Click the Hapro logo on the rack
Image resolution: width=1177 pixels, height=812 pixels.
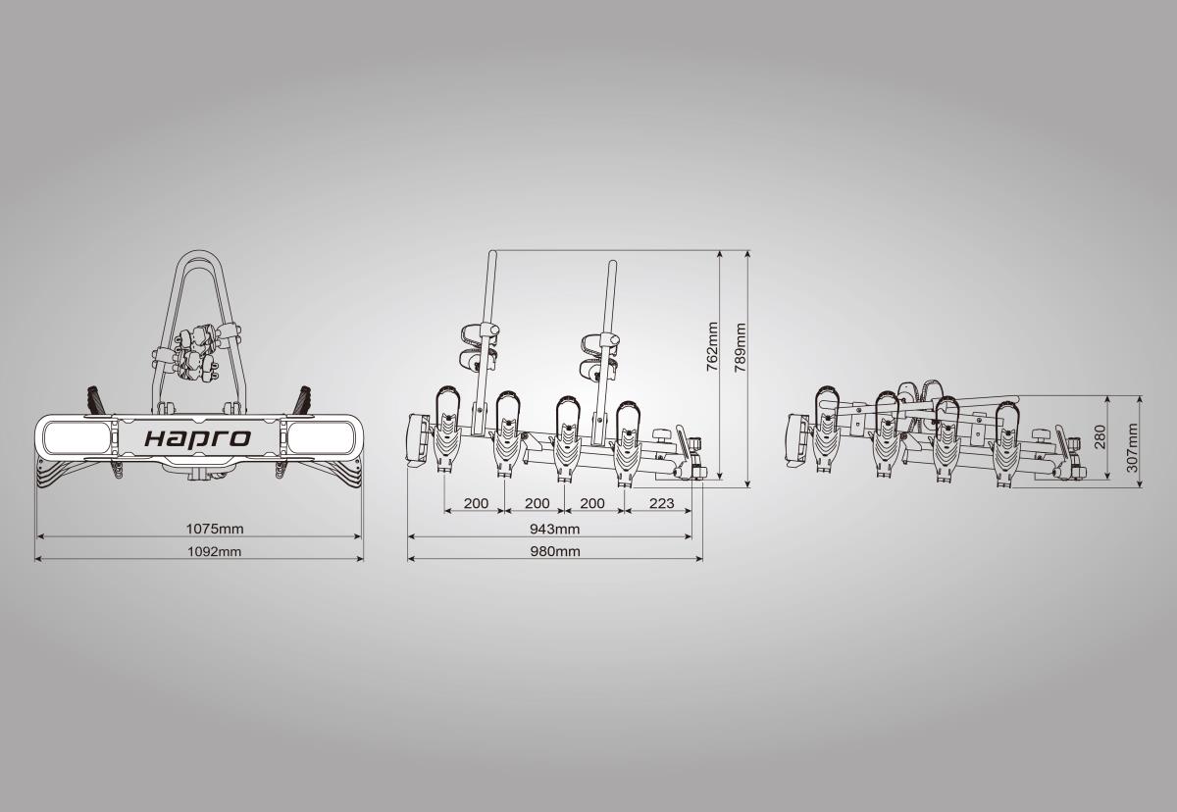pos(197,438)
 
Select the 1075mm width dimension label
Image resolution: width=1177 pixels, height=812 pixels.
pos(215,529)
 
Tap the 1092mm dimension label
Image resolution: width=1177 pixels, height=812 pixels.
pos(215,551)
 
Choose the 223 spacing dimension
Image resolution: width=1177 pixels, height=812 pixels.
pos(661,503)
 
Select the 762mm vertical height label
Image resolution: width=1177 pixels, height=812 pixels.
pos(712,346)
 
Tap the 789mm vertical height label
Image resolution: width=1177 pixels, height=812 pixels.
pos(741,347)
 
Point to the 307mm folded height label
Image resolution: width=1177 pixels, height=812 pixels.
pos(1132,447)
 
